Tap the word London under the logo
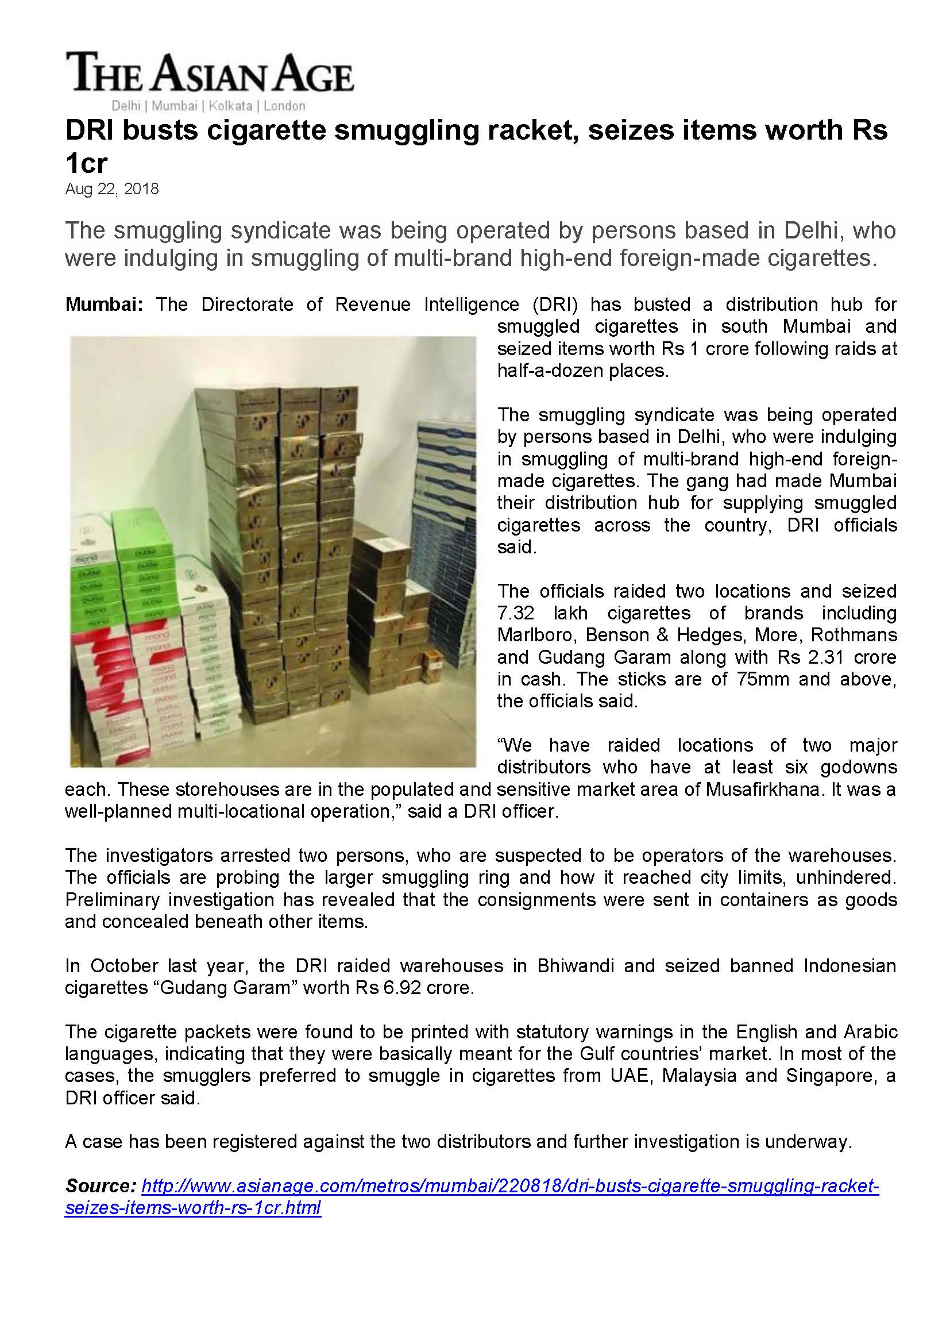tap(284, 106)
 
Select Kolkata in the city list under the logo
tap(230, 106)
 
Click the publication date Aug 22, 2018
tap(112, 189)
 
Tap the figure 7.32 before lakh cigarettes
tap(515, 613)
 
